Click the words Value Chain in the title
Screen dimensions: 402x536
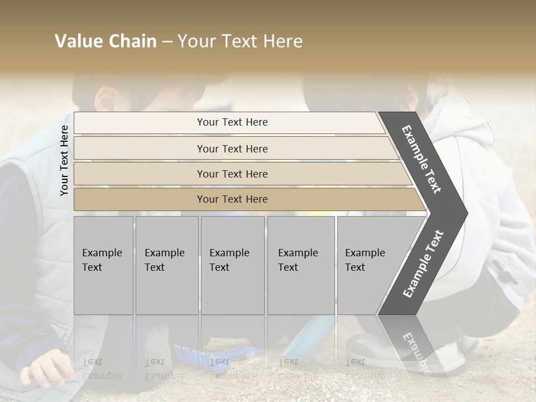(106, 41)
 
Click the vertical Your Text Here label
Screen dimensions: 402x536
(64, 161)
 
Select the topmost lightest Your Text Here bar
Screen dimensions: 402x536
(232, 122)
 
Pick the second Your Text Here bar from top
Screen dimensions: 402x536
(232, 149)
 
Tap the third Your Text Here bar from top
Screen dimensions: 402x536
(232, 174)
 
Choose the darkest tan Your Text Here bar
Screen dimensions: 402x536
(232, 199)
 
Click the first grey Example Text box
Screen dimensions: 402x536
(103, 265)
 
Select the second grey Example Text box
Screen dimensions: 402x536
(166, 265)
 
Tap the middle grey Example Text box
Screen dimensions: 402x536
(232, 265)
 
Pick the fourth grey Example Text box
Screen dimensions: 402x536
(300, 265)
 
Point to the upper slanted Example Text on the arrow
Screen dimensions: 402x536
(422, 159)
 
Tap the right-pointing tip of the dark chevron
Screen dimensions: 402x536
(465, 213)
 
